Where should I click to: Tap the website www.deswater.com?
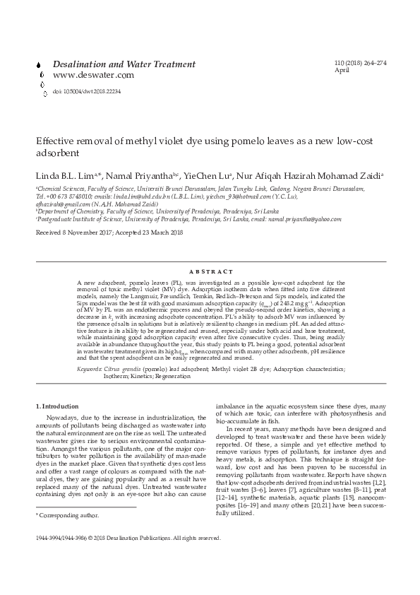tap(93, 75)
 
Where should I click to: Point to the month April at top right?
tap(342, 71)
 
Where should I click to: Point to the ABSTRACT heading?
tap(211, 271)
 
